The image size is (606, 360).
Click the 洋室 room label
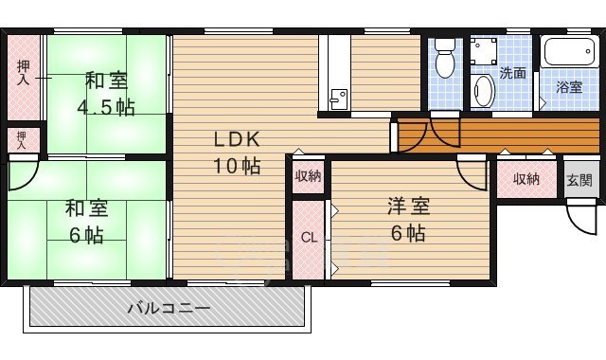pyautogui.click(x=404, y=204)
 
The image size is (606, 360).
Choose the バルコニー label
pyautogui.click(x=168, y=308)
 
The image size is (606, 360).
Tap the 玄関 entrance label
pyautogui.click(x=579, y=180)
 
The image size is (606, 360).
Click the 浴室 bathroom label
pyautogui.click(x=568, y=87)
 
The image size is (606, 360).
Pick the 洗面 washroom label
pyautogui.click(x=513, y=73)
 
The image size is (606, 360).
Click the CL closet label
pyautogui.click(x=308, y=238)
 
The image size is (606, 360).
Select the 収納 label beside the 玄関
pyautogui.click(x=526, y=179)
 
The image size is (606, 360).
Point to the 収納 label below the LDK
pyautogui.click(x=307, y=175)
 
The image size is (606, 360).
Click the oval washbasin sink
pyautogui.click(x=483, y=92)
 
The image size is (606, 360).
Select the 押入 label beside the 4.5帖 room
pyautogui.click(x=23, y=72)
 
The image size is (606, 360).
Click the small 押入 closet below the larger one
pyautogui.click(x=21, y=140)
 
